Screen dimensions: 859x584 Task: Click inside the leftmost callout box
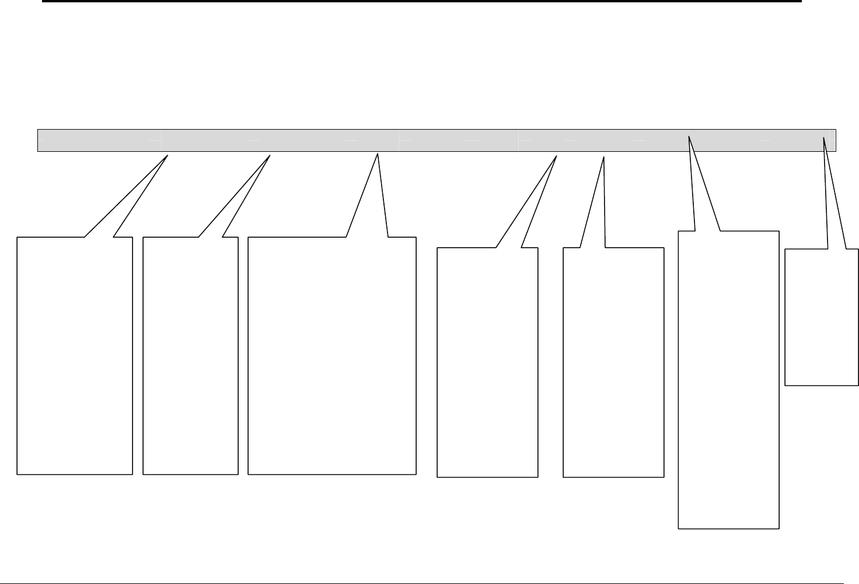(x=75, y=356)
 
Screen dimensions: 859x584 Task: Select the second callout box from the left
(x=190, y=356)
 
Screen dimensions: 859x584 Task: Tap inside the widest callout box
(x=331, y=356)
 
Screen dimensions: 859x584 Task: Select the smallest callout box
(x=822, y=318)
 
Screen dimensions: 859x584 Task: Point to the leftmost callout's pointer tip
(x=168, y=155)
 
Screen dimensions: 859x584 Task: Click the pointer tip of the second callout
(x=270, y=155)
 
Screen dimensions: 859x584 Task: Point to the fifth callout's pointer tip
(x=603, y=157)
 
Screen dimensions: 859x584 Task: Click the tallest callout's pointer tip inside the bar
(x=690, y=137)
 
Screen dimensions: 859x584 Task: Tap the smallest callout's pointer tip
(x=823, y=138)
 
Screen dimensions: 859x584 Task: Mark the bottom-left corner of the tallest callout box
(x=678, y=529)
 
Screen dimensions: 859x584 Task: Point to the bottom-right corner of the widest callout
(x=416, y=474)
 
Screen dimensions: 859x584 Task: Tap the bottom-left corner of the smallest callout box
(x=785, y=385)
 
